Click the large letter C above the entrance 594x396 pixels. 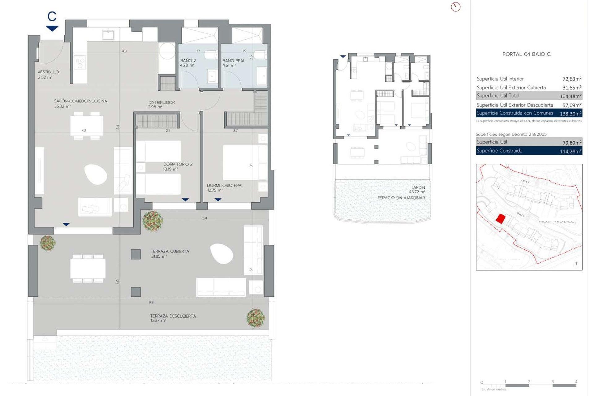point(52,16)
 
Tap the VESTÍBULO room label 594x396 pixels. point(48,72)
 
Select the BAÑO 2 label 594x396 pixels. point(188,61)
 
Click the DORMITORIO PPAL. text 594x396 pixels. point(226,185)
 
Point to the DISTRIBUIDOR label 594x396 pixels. point(161,102)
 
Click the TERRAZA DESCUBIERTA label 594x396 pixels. point(173,316)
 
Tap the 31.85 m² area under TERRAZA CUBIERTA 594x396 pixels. point(159,256)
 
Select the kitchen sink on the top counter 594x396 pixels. point(108,35)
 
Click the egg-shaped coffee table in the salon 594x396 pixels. point(96,174)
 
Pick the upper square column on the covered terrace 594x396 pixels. point(136,254)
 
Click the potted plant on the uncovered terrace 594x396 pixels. point(256,318)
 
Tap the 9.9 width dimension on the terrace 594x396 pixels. point(151,302)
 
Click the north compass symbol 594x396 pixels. point(456,7)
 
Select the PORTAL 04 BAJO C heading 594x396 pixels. point(526,54)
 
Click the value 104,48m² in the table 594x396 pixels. point(570,96)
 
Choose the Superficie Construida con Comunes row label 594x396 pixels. point(515,113)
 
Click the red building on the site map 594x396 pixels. point(501,219)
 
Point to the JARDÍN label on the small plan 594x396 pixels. point(418,187)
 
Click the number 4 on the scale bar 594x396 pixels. point(576,382)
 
